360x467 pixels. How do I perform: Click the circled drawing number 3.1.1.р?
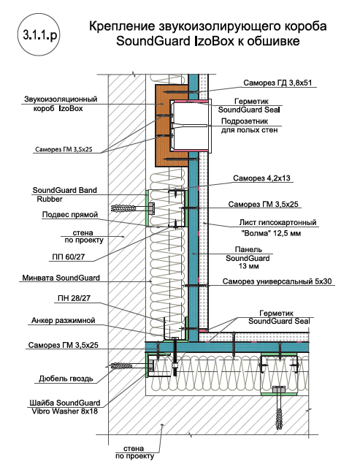click(38, 34)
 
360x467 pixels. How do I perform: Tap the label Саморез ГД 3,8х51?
click(277, 83)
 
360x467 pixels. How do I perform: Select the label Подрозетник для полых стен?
click(249, 126)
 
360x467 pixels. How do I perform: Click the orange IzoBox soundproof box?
click(164, 125)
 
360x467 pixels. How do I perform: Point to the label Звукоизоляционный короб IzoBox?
click(61, 103)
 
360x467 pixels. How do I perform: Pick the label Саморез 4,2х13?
click(261, 178)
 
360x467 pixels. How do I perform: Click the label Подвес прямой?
click(70, 214)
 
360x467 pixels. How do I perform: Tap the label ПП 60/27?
click(69, 257)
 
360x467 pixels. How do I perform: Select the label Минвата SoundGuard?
click(61, 278)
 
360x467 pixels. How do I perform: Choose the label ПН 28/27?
click(74, 298)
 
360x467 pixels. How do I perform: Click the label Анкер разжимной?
click(63, 320)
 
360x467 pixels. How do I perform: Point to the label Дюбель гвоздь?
click(66, 379)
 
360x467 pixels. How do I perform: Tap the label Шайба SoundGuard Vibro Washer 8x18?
click(64, 407)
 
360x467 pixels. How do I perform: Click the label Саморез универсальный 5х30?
click(277, 281)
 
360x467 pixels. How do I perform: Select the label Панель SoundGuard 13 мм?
click(248, 258)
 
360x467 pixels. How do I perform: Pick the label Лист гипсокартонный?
click(278, 222)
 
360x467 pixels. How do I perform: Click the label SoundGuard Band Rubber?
click(64, 194)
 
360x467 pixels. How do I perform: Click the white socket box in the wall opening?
click(191, 126)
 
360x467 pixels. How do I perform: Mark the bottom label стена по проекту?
click(135, 452)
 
